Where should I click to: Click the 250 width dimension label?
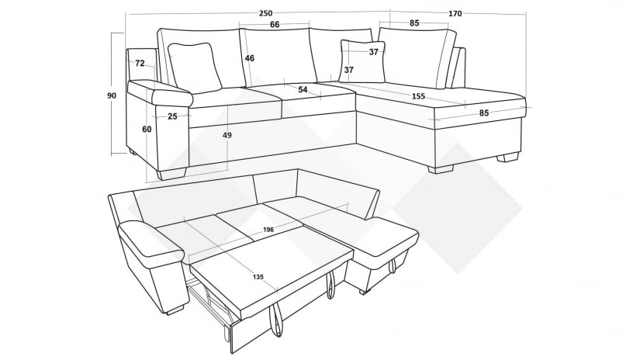pyautogui.click(x=265, y=13)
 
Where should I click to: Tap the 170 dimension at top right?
pyautogui.click(x=455, y=13)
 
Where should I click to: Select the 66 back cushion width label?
pyautogui.click(x=275, y=25)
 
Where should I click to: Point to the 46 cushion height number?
pyautogui.click(x=250, y=58)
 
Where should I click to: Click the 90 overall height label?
pyautogui.click(x=112, y=95)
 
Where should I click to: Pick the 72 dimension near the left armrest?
pyautogui.click(x=140, y=64)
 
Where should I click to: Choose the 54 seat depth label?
pyautogui.click(x=303, y=89)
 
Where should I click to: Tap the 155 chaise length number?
pyautogui.click(x=418, y=96)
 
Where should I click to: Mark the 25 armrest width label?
pyautogui.click(x=173, y=116)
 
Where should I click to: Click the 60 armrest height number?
pyautogui.click(x=147, y=129)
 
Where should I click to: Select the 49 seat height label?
pyautogui.click(x=227, y=135)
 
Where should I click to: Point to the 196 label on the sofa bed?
pyautogui.click(x=268, y=230)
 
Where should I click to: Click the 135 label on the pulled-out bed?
pyautogui.click(x=258, y=277)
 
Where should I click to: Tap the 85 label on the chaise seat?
pyautogui.click(x=483, y=112)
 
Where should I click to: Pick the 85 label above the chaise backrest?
pyautogui.click(x=414, y=22)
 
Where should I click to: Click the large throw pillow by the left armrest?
pyautogui.click(x=195, y=67)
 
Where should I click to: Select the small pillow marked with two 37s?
pyautogui.click(x=363, y=62)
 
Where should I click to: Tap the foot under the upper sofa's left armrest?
pyautogui.click(x=171, y=174)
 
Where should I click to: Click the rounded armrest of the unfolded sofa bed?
pyautogui.click(x=151, y=240)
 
